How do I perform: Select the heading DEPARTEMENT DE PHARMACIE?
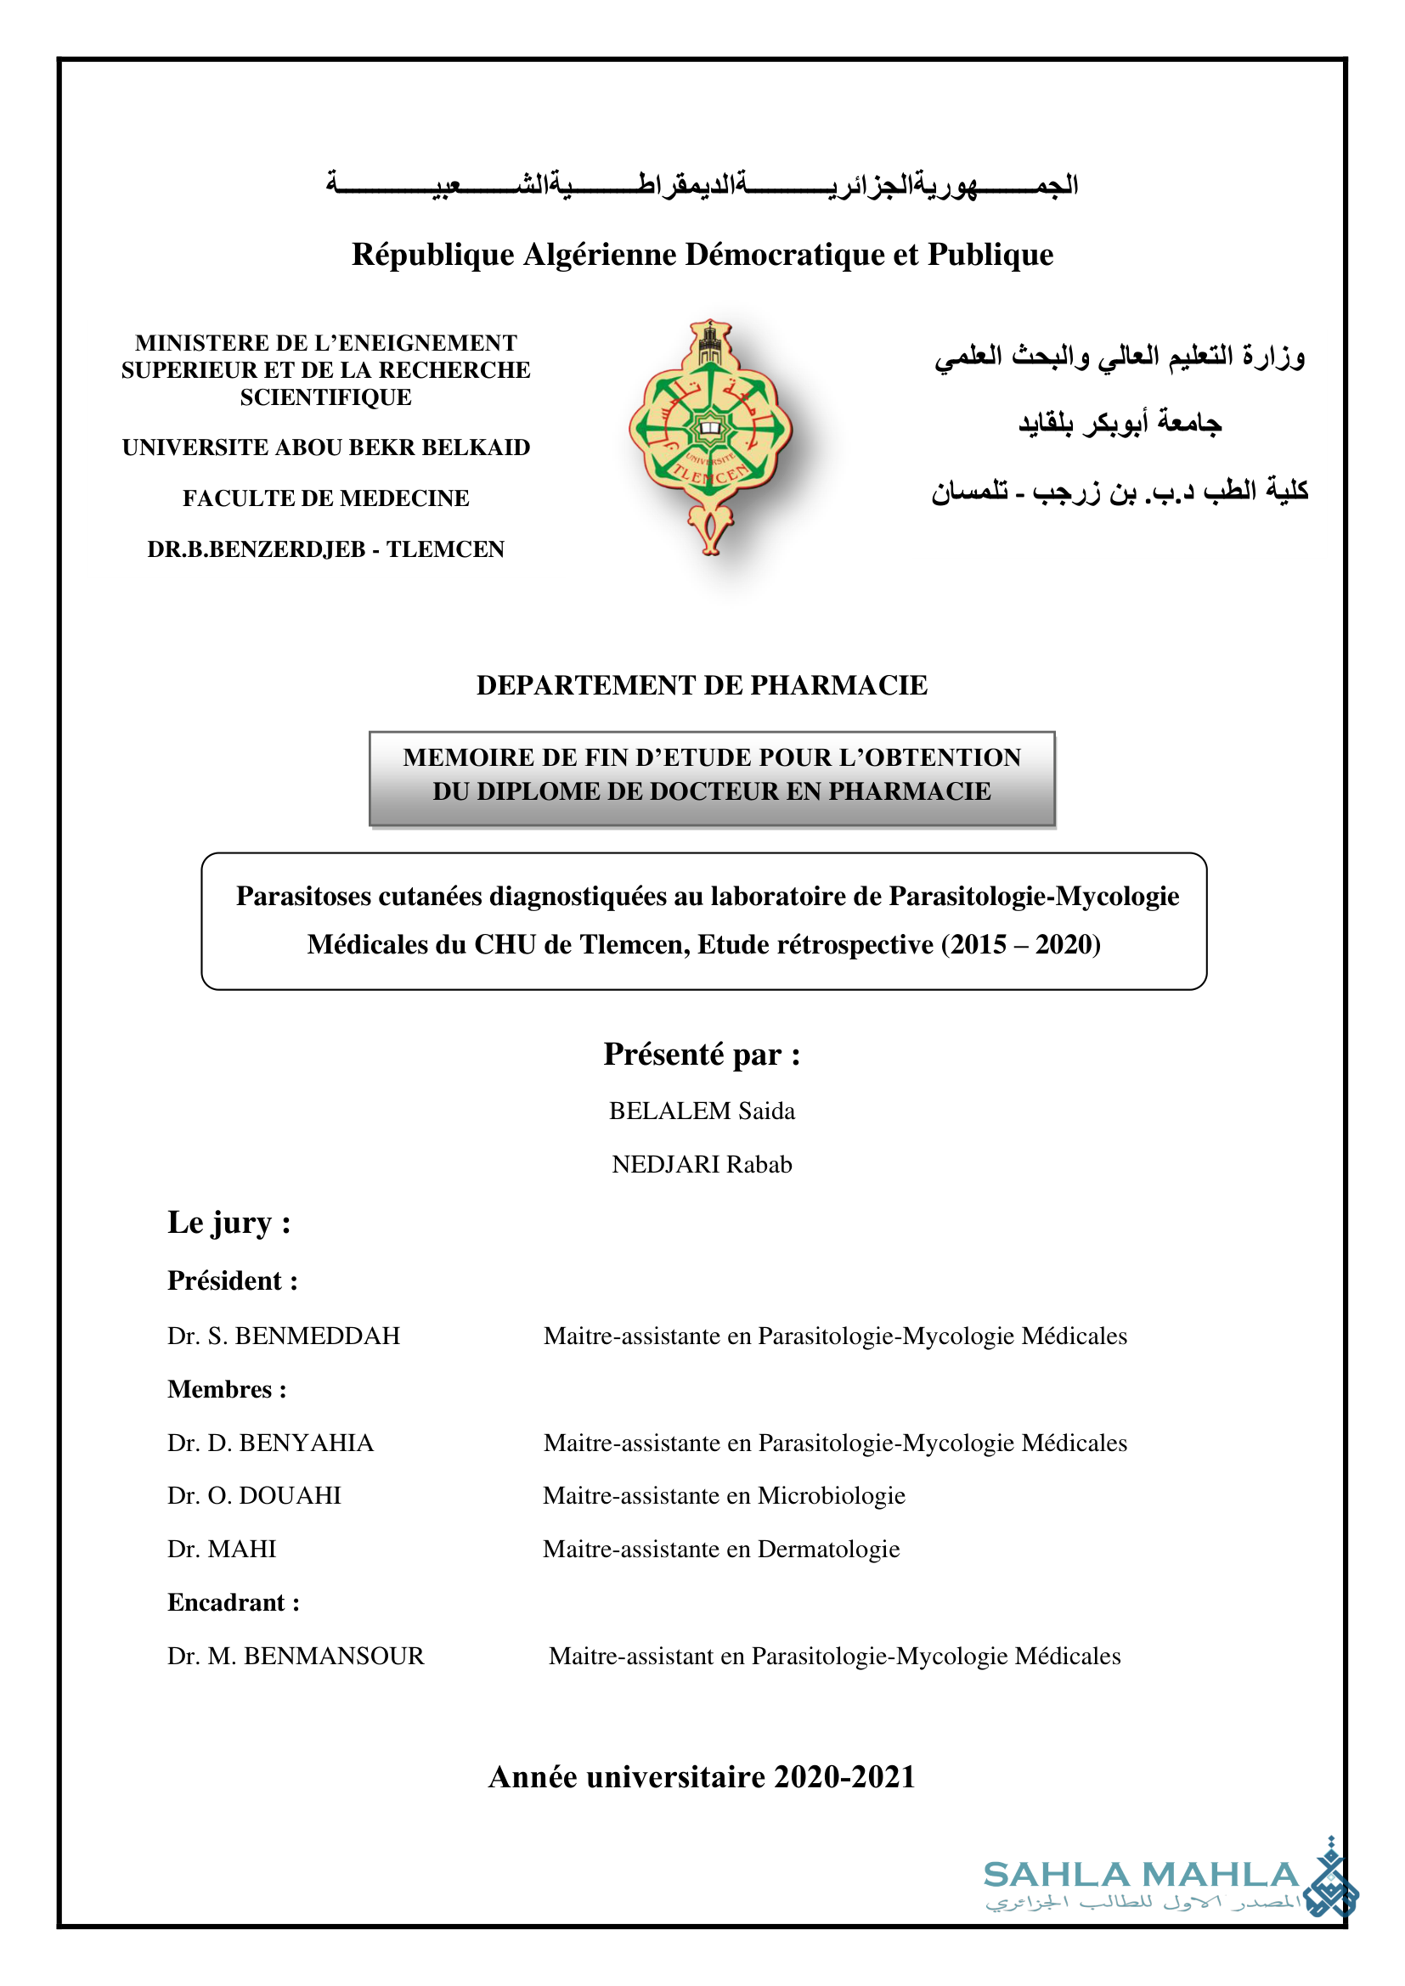tap(702, 685)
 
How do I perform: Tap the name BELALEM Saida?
tap(702, 1111)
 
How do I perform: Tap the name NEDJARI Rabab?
tap(702, 1164)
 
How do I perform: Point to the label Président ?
tap(233, 1280)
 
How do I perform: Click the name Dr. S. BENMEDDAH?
tap(284, 1336)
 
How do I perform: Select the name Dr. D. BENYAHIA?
tap(271, 1443)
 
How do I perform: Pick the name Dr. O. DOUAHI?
tap(254, 1495)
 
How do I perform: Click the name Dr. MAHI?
tap(223, 1549)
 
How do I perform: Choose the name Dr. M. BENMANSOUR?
tap(296, 1656)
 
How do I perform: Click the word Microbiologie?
tap(832, 1495)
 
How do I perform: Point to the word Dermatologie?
tap(828, 1549)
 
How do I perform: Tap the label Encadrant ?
tap(234, 1602)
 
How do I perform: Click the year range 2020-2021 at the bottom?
tap(844, 1776)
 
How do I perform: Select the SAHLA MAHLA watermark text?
tap(1140, 1876)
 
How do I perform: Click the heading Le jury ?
tap(229, 1222)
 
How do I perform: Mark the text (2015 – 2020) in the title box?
tap(1021, 943)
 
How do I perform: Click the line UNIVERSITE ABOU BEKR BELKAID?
tap(326, 447)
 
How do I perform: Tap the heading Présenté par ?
tap(702, 1055)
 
